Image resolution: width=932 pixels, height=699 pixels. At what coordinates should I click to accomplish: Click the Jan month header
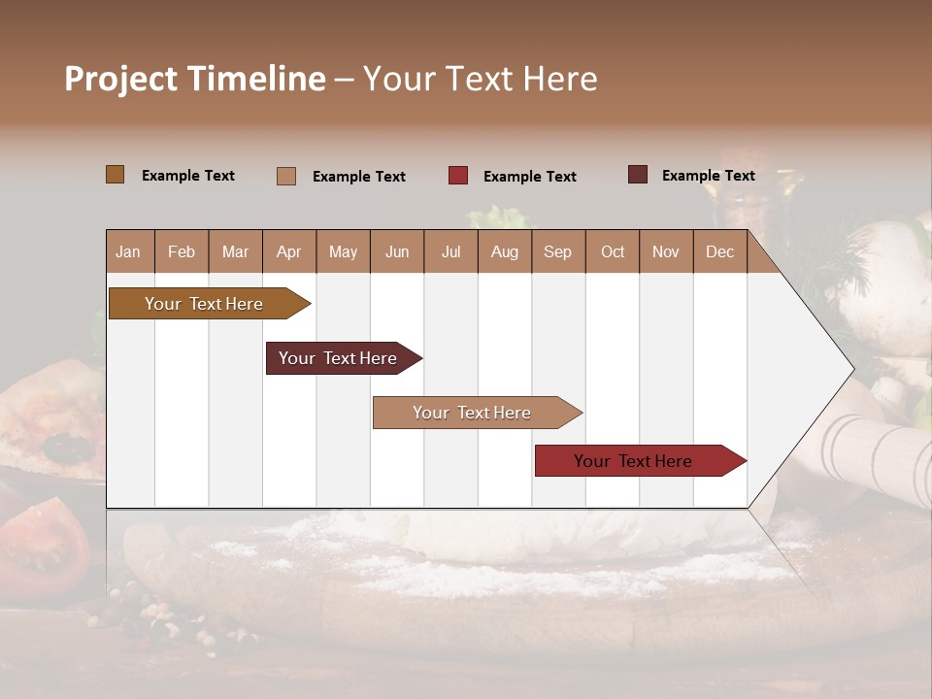(x=128, y=251)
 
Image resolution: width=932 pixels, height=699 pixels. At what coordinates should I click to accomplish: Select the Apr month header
(x=289, y=251)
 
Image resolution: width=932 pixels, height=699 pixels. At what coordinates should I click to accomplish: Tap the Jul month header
(x=450, y=251)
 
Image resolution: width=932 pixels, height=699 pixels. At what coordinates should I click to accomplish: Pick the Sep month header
(x=557, y=251)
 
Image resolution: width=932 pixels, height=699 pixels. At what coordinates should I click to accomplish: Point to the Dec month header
(x=719, y=251)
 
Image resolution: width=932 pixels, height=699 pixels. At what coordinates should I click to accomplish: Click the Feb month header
(x=182, y=251)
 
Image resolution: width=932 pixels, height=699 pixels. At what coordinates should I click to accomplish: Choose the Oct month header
(x=613, y=251)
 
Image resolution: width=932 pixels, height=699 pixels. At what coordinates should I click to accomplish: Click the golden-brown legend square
(x=116, y=175)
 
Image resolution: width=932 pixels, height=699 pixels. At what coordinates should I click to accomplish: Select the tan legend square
(x=286, y=176)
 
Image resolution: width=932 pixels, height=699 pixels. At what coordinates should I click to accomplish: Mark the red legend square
(x=458, y=176)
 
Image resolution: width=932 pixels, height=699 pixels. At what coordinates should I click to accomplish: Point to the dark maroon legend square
(x=638, y=175)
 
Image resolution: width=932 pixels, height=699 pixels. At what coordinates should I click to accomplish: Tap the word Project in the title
(x=120, y=79)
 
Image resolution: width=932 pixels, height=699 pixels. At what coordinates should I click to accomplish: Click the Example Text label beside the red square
(x=529, y=177)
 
